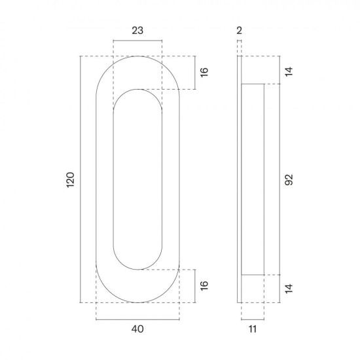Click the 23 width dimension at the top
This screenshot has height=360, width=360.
(137, 30)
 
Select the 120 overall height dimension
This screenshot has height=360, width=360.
(71, 179)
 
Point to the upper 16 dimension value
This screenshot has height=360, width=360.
(204, 73)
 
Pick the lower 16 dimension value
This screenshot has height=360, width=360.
(204, 285)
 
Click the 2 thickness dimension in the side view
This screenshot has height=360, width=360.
(240, 30)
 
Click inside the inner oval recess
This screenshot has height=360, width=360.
(137, 179)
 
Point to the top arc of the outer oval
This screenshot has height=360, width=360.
(137, 57)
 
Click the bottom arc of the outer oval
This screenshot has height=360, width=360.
(137, 302)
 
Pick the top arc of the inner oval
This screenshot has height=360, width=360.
(137, 89)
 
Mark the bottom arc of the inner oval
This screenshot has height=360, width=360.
(137, 269)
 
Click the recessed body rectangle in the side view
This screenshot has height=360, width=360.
(254, 179)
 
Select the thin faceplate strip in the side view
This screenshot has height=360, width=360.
(240, 179)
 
